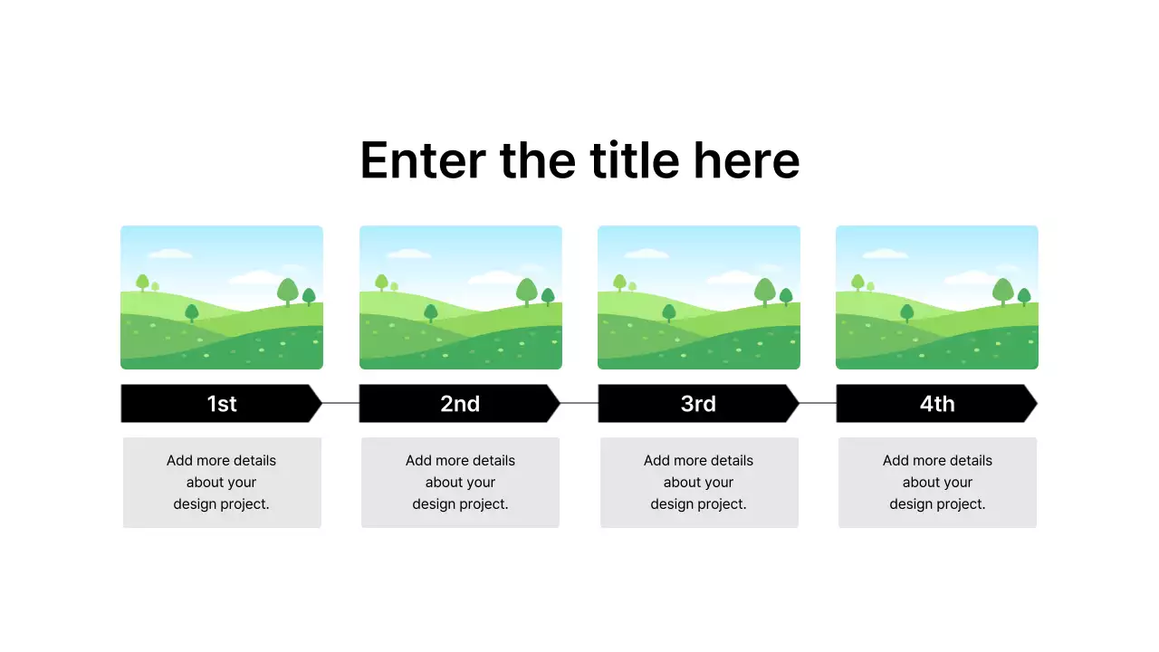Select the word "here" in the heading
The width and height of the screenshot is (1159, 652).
(x=747, y=161)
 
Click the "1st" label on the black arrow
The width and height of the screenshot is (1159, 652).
(x=222, y=404)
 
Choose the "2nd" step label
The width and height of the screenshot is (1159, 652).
(x=460, y=404)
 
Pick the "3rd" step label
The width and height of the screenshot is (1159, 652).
(x=698, y=404)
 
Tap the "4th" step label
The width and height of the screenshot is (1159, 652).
(x=937, y=404)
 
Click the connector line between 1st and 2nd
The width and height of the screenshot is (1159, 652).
(x=341, y=403)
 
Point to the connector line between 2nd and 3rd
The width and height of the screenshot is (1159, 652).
(x=579, y=403)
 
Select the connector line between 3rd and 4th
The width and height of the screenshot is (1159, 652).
(x=818, y=403)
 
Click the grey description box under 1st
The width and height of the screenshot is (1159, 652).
(x=222, y=483)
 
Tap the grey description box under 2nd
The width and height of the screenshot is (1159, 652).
(x=460, y=483)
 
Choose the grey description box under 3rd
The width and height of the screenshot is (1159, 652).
(x=699, y=483)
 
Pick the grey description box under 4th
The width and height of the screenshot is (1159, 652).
(x=937, y=483)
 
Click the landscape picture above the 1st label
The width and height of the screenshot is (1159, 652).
(x=222, y=297)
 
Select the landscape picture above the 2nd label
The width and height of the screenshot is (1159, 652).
(x=460, y=297)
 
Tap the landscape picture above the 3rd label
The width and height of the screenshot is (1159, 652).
(x=699, y=297)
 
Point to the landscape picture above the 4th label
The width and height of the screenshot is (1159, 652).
(x=937, y=297)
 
